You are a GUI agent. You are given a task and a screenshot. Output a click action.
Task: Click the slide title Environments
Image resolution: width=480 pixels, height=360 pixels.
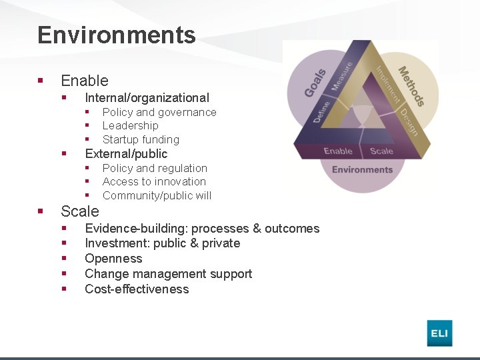click(x=117, y=35)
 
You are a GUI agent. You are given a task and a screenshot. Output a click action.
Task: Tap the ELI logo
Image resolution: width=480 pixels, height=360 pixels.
click(x=439, y=333)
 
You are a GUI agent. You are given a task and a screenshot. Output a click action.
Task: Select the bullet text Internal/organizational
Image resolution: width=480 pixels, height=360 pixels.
click(x=147, y=97)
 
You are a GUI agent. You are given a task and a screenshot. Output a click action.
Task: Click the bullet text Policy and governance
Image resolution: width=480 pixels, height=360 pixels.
click(x=159, y=112)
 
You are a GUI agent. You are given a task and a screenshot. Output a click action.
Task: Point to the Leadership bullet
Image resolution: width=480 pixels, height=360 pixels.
click(x=131, y=125)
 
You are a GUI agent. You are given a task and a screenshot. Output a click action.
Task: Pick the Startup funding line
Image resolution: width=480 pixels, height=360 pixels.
click(x=141, y=139)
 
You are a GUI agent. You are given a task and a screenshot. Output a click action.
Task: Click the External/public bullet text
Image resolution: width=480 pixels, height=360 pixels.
click(x=126, y=153)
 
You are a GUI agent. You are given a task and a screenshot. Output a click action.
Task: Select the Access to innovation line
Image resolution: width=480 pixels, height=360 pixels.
click(x=154, y=181)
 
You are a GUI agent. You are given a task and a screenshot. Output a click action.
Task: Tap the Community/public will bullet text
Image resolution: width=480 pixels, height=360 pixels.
click(x=157, y=195)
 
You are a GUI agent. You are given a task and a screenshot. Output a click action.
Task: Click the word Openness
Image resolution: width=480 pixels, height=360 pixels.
click(x=113, y=259)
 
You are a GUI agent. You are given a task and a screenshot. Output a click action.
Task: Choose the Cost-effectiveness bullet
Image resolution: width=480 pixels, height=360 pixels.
click(x=137, y=289)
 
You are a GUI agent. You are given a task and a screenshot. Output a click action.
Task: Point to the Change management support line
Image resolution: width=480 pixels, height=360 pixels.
click(x=168, y=274)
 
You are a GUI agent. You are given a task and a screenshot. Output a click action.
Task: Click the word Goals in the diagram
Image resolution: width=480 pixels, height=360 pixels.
click(x=315, y=83)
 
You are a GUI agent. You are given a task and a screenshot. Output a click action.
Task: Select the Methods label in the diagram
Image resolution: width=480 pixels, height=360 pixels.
click(x=411, y=85)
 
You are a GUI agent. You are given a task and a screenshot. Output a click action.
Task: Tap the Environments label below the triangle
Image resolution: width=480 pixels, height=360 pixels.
click(x=362, y=169)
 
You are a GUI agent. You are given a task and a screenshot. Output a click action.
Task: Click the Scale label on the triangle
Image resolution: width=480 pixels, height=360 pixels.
click(x=381, y=151)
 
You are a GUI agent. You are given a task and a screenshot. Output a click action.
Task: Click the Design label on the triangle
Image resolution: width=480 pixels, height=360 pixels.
click(x=409, y=122)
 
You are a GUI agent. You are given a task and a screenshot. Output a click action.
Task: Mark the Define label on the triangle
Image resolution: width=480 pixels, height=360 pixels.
click(x=321, y=111)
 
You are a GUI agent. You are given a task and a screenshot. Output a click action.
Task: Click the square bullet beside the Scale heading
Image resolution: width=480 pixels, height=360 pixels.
click(x=40, y=211)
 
